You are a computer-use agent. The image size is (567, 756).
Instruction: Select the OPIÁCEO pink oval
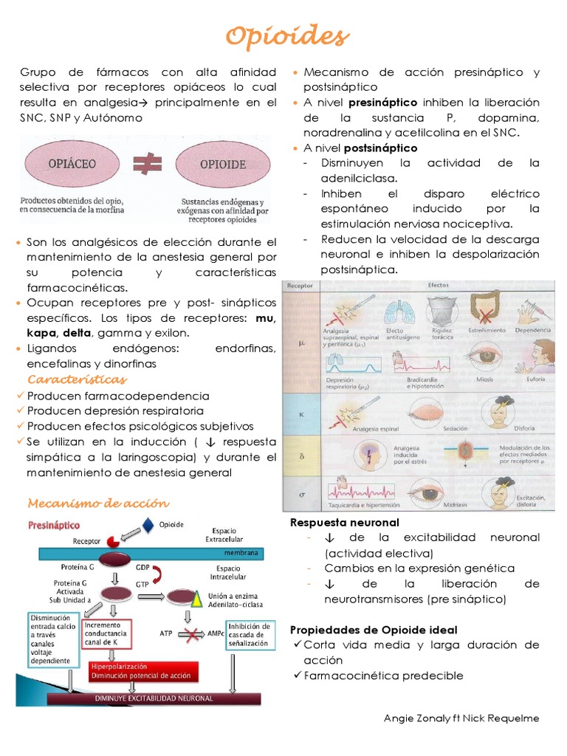[72, 163]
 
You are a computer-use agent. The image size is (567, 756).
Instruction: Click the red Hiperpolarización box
[140, 670]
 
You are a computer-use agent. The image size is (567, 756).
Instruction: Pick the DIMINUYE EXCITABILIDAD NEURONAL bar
[154, 698]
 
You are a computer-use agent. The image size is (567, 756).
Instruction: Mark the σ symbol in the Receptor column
[301, 491]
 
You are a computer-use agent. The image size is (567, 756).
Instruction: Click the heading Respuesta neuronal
[344, 523]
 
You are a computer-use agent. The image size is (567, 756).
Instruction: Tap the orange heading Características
[77, 379]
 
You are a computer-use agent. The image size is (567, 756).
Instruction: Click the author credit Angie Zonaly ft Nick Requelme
[461, 718]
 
